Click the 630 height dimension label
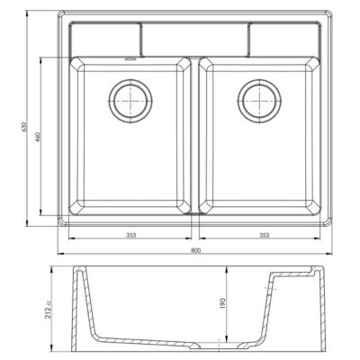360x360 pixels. (x=25, y=127)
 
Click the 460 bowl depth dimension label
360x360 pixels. (x=38, y=137)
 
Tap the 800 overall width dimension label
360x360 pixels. (x=195, y=250)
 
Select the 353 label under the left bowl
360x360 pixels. (x=131, y=235)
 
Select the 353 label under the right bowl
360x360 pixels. (x=264, y=235)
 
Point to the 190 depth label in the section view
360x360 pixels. (x=222, y=303)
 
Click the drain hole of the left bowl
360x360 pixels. (x=130, y=101)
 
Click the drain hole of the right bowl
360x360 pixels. (x=259, y=101)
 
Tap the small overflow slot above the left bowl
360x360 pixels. (x=130, y=59)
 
